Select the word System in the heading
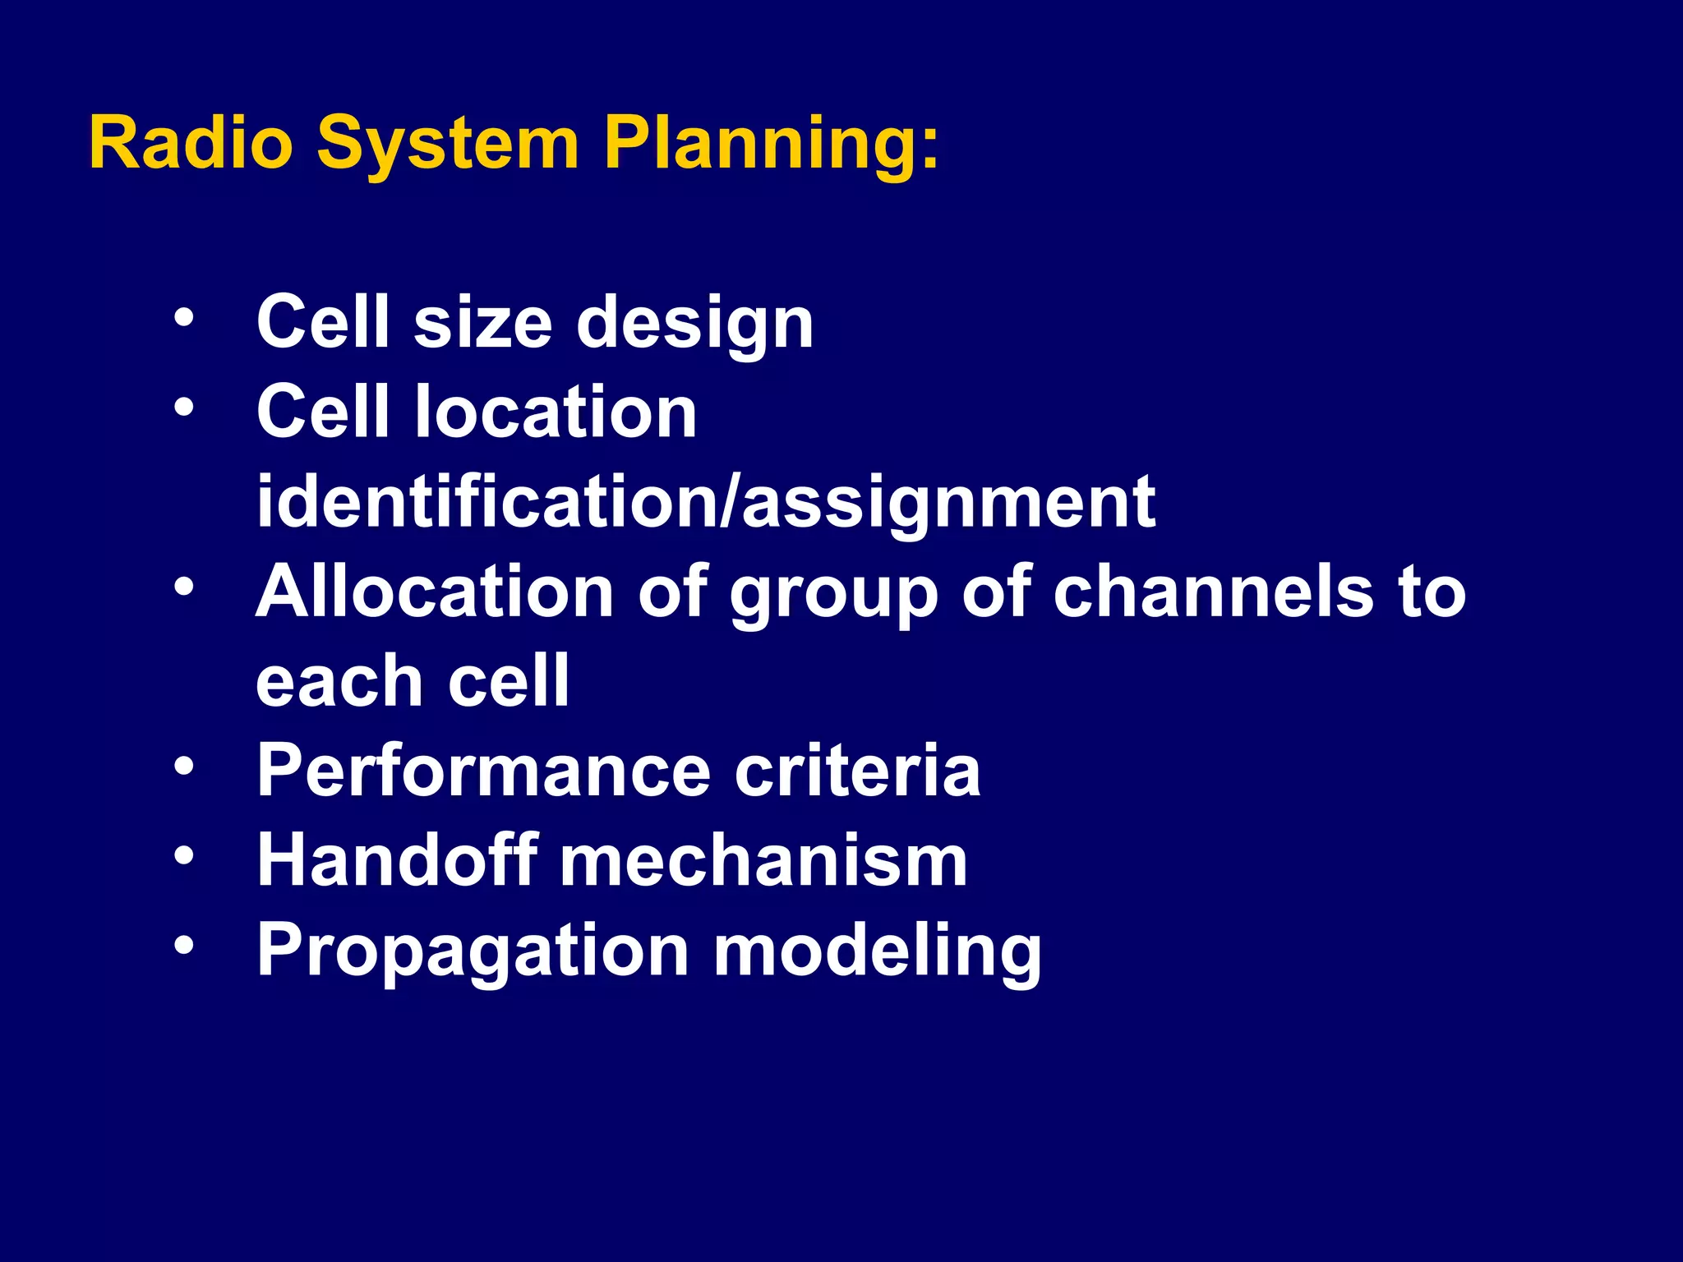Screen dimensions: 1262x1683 click(x=448, y=145)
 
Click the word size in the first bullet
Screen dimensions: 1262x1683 click(x=482, y=322)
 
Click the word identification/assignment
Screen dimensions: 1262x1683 click(x=705, y=503)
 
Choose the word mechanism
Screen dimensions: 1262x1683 click(x=763, y=860)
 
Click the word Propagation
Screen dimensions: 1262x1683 click(x=473, y=952)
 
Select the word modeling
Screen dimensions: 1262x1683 click(x=877, y=952)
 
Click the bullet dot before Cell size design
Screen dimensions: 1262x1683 click(x=184, y=317)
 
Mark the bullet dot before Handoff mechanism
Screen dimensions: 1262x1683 click(x=184, y=856)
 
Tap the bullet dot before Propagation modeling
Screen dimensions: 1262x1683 click(x=184, y=946)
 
